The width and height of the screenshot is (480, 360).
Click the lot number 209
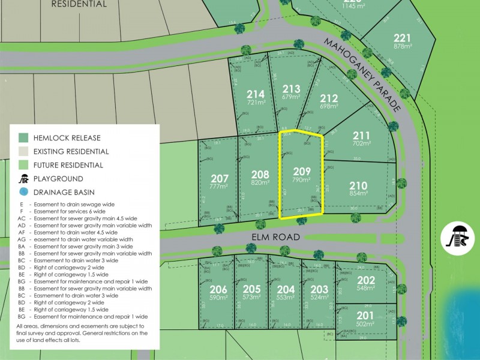tap(301, 170)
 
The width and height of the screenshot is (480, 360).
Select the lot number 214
tap(256, 94)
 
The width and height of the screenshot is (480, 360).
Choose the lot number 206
tap(218, 289)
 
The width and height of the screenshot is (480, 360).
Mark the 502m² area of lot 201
tap(365, 324)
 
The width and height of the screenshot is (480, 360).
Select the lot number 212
tap(329, 98)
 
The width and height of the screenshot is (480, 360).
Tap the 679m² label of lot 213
tap(290, 97)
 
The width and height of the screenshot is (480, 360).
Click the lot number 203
tap(319, 289)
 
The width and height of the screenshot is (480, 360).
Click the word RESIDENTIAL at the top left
tap(79, 4)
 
